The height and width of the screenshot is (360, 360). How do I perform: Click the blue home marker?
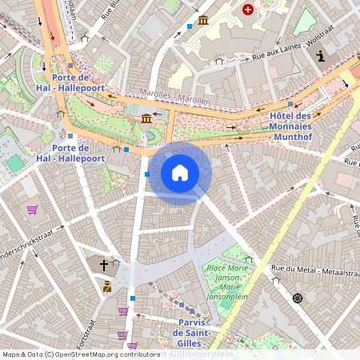tap(180, 173)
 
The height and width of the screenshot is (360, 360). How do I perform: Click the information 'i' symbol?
tap(320, 56)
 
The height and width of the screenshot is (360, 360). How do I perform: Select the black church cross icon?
tap(103, 264)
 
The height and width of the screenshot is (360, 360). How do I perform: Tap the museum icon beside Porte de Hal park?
tap(146, 119)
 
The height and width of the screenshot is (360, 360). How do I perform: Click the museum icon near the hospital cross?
tap(203, 19)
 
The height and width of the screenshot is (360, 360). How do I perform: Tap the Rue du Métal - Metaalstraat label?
tap(313, 270)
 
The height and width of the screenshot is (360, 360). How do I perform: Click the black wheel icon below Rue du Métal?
tap(298, 298)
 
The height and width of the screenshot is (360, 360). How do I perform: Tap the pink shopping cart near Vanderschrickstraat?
tap(32, 210)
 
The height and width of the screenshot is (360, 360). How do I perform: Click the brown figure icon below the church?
tap(107, 286)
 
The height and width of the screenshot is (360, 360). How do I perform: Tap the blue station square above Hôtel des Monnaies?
tap(290, 104)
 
